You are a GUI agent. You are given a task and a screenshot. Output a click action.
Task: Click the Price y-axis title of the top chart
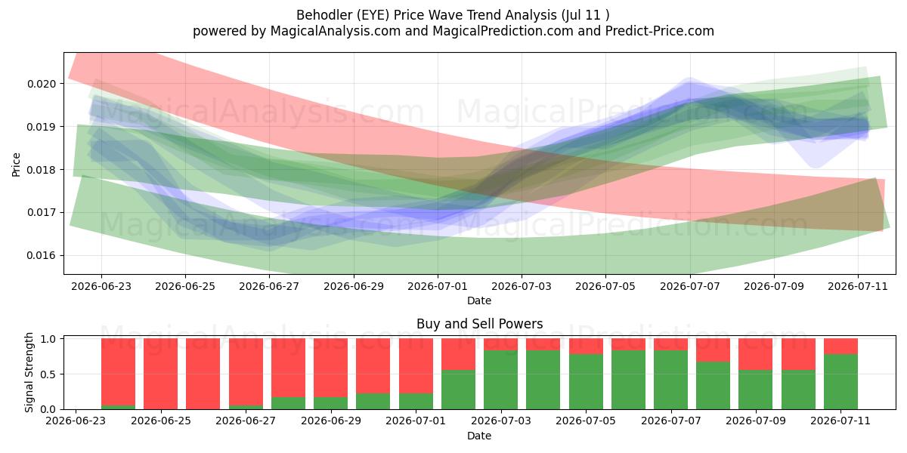point(16,165)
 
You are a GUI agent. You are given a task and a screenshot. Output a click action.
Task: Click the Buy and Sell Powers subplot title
point(479,324)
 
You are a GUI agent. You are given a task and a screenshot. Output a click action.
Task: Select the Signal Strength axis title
point(29,372)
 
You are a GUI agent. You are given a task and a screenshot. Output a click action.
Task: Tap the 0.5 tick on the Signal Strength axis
point(49,374)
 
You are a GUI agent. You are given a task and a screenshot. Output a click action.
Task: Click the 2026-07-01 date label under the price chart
point(438,286)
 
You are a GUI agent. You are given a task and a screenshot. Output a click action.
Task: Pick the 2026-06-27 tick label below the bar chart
point(246,421)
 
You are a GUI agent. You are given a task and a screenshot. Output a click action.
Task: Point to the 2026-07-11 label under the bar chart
point(840,421)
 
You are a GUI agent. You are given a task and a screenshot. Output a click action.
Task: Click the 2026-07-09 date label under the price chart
point(774,286)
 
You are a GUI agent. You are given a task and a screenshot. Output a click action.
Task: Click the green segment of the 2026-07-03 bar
point(501,380)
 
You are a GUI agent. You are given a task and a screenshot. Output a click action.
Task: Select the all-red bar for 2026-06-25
point(161,374)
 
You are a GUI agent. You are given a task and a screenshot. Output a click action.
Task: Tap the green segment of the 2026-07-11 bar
point(841,382)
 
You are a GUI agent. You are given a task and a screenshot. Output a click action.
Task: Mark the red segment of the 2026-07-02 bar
point(458,354)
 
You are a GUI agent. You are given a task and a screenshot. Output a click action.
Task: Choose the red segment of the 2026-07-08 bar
point(713,350)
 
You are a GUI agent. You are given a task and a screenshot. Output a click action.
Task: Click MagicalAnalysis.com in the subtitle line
point(336,31)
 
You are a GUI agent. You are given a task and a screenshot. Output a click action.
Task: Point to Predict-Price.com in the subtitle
point(660,31)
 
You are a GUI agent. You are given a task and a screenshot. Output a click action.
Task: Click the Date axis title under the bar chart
point(479,436)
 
